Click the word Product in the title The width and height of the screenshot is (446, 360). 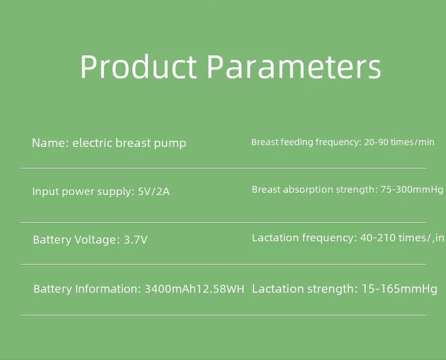click(x=138, y=66)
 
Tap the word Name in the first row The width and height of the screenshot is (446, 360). click(x=50, y=142)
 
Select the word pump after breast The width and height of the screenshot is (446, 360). click(x=170, y=144)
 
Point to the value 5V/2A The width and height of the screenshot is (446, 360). click(x=154, y=191)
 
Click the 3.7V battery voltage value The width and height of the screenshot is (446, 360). click(x=135, y=240)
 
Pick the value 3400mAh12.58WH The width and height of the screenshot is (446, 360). click(x=195, y=289)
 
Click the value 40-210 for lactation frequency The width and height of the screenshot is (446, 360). click(x=378, y=237)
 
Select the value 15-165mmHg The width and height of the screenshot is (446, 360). click(x=399, y=289)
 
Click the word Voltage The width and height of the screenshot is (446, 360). click(x=95, y=240)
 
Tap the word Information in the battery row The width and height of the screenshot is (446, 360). click(x=108, y=289)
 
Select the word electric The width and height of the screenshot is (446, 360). click(x=93, y=142)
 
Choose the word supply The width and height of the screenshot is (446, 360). click(x=116, y=192)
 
